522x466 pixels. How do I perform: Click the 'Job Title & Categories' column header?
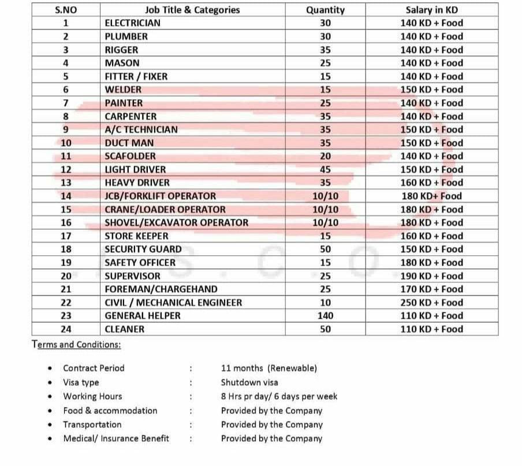192,10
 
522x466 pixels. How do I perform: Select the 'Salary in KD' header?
431,10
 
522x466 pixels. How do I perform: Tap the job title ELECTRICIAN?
132,23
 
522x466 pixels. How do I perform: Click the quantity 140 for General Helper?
325,316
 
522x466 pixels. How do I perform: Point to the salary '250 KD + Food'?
431,303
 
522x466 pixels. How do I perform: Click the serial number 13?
65,183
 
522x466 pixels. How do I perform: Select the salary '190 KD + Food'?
431,276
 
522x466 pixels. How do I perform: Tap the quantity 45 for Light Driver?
325,170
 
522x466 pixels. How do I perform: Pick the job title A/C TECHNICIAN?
141,130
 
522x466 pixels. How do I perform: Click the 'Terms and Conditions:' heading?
76,345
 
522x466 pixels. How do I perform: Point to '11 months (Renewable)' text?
269,368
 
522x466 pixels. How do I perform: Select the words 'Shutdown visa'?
249,382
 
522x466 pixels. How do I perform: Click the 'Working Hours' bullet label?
92,397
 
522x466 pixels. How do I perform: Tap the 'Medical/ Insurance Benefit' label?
116,438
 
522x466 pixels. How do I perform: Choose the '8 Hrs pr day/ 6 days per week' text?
279,397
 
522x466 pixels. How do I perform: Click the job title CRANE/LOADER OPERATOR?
165,210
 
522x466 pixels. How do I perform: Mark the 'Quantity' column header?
325,10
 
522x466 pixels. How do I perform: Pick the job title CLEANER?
124,329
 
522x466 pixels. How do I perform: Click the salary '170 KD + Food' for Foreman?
431,289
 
